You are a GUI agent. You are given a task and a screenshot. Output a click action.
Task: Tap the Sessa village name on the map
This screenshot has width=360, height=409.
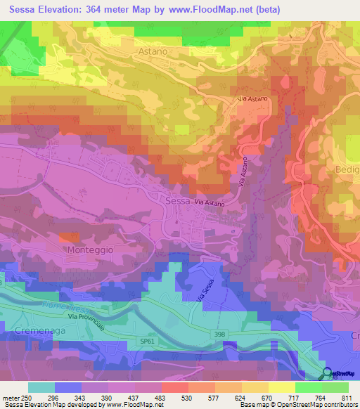point(178,200)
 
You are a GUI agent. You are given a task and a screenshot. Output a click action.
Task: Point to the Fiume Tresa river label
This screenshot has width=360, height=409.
point(70,306)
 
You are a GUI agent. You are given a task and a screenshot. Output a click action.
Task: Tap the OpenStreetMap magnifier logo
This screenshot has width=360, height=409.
point(328,374)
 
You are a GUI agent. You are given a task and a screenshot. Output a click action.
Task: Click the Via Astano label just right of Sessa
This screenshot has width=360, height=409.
point(210,203)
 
